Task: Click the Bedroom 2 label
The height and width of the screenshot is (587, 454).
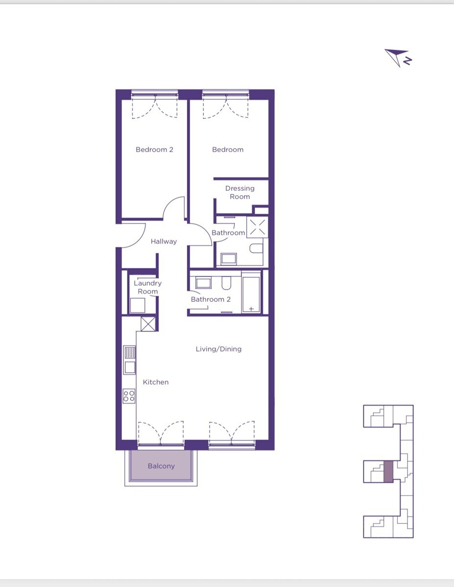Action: (x=154, y=150)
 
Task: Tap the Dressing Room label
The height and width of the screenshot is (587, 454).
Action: (x=240, y=192)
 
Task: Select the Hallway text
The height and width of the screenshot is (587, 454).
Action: (x=164, y=242)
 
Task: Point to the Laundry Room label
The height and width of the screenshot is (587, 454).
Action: (x=147, y=287)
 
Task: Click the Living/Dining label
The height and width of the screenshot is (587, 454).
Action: (x=218, y=349)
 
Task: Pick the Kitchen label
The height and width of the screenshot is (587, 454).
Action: (x=155, y=382)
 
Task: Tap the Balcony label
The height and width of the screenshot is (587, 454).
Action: (x=161, y=466)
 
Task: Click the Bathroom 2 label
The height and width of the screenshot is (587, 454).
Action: (x=211, y=299)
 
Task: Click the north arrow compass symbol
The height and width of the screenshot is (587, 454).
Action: (x=398, y=58)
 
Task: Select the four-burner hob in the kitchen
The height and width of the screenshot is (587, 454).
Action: (x=129, y=396)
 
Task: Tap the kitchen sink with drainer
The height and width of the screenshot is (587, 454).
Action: (x=129, y=360)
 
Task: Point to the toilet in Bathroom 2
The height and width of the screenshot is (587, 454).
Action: (x=226, y=283)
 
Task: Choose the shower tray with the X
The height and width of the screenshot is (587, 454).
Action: (x=257, y=227)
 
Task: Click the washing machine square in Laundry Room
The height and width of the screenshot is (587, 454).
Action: (x=137, y=306)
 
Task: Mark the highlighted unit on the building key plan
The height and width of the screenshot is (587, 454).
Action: (x=388, y=472)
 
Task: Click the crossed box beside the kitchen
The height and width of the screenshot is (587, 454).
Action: (x=148, y=324)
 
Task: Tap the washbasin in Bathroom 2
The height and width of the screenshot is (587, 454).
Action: (x=203, y=283)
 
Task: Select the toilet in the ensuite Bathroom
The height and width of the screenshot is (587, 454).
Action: (x=256, y=248)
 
